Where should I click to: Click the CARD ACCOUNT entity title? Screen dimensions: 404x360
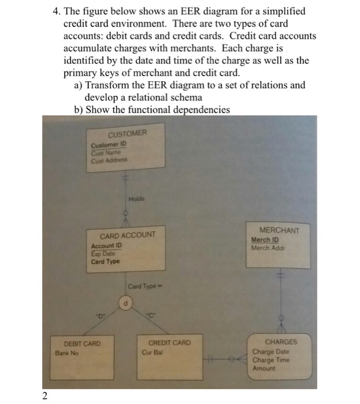click(128, 235)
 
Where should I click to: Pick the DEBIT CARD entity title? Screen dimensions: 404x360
click(82, 343)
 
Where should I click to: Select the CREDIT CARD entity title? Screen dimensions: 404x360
click(169, 343)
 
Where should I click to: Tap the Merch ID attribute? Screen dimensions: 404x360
click(265, 240)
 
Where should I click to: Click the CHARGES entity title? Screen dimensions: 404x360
click(281, 342)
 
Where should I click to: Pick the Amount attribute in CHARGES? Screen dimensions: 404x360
click(263, 368)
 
